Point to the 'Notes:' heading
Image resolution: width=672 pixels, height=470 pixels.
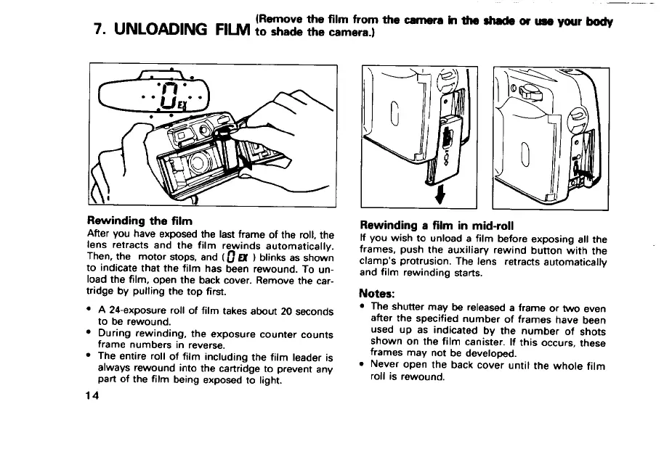(378, 294)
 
